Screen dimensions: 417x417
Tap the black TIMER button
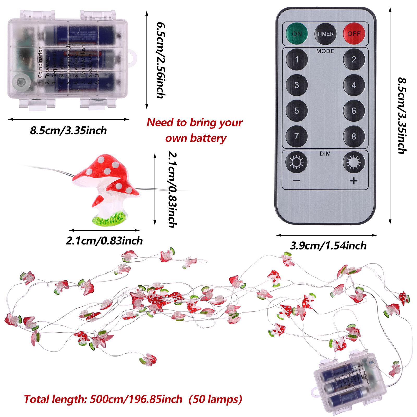pos(325,34)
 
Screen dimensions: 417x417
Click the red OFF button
pos(354,34)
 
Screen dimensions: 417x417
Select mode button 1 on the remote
pos(297,59)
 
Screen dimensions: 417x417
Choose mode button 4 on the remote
pos(354,85)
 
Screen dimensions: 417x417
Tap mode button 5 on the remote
pos(297,111)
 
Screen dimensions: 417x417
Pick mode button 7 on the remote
pos(297,136)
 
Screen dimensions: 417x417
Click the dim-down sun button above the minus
pos(297,162)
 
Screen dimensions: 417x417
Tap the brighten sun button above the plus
pos(354,162)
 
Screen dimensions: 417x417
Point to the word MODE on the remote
pos(325,51)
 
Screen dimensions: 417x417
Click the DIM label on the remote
pos(325,154)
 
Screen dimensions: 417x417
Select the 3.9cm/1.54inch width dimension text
pos(328,246)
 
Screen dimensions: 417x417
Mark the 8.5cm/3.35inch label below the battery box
pos(68,131)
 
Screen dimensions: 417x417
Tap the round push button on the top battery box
pos(21,82)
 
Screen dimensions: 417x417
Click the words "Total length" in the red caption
pos(54,399)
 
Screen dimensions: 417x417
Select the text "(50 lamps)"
pos(215,399)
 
